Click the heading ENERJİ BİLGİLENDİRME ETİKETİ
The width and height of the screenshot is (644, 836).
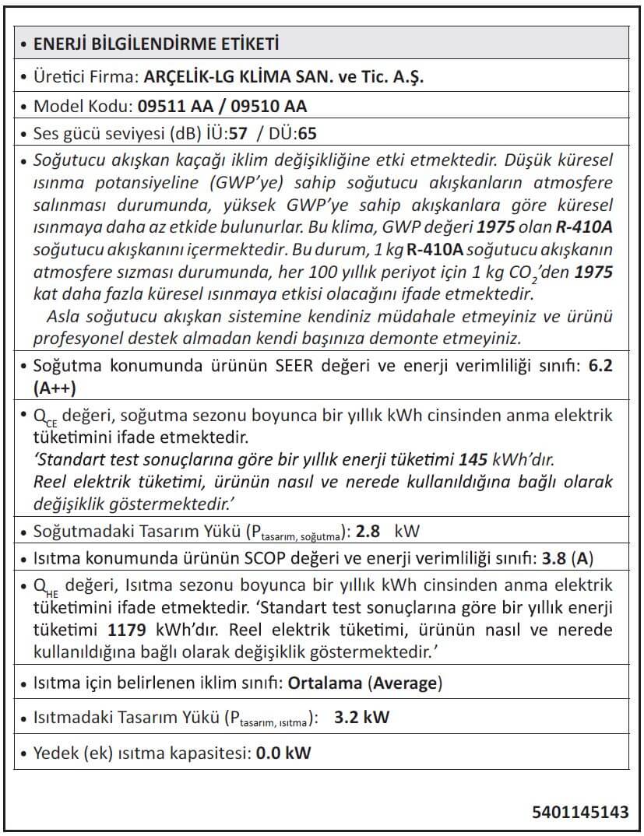156,44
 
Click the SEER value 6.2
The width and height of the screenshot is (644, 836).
601,366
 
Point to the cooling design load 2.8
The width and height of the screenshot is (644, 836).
367,532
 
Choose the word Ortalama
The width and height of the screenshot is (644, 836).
325,683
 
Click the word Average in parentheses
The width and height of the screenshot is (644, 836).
405,683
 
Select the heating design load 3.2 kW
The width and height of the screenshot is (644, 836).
361,718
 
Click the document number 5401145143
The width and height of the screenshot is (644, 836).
580,813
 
